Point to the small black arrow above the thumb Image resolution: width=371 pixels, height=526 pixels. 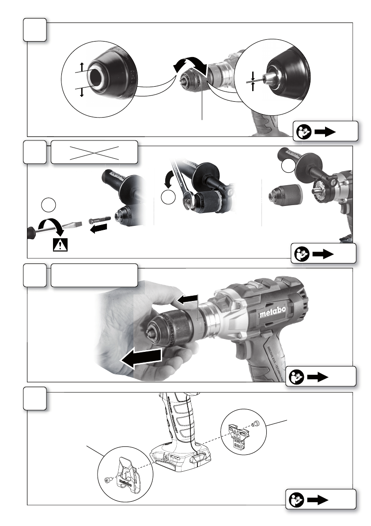186,301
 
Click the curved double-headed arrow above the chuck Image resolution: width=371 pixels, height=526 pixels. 190,66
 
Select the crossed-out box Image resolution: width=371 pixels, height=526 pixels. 95,152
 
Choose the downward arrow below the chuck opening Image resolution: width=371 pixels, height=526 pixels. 81,92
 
